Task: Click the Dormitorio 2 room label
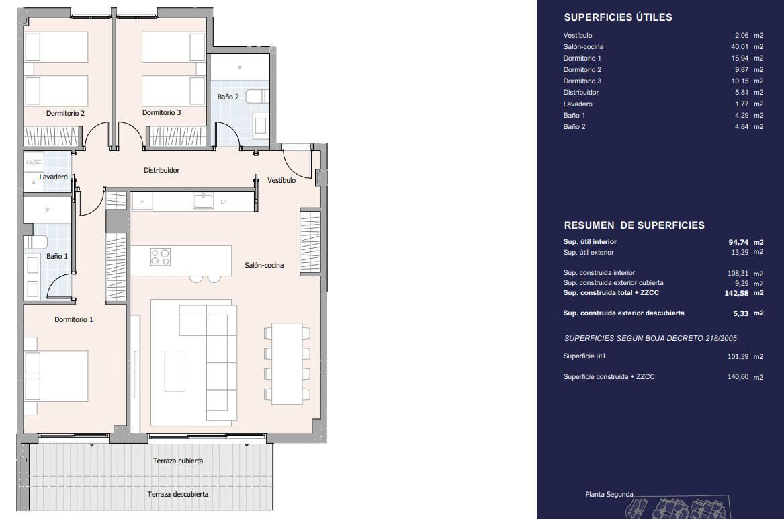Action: pos(65,113)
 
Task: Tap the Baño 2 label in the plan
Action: pos(228,97)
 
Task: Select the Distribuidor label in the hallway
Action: pos(161,170)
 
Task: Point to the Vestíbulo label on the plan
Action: pos(281,180)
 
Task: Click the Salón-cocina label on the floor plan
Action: pos(264,265)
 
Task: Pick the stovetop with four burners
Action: pos(161,257)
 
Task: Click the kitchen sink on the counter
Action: pos(204,200)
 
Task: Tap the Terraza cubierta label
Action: pos(178,461)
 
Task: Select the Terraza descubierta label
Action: pos(178,494)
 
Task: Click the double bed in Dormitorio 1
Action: pos(56,376)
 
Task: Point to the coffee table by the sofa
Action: pos(175,372)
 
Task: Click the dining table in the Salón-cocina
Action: pos(287,363)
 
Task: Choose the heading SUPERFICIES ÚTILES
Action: pos(618,17)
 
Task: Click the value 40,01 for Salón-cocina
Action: pos(740,46)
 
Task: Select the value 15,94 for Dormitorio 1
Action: pos(740,58)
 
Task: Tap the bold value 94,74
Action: pos(738,242)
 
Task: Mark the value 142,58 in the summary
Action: pos(736,293)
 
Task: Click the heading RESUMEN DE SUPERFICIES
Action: pos(634,225)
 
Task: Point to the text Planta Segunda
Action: pos(609,495)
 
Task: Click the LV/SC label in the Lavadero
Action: pos(34,162)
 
